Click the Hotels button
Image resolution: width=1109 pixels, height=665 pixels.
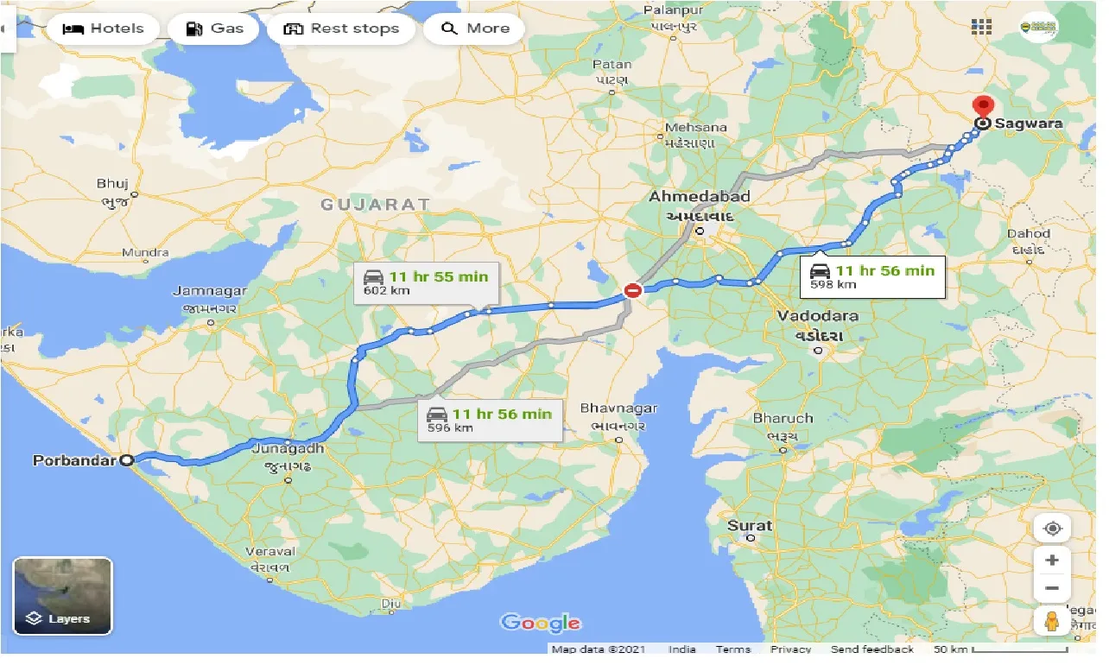(x=104, y=28)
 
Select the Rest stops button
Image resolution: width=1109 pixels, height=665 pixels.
(x=341, y=28)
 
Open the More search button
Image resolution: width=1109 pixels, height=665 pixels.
(x=476, y=28)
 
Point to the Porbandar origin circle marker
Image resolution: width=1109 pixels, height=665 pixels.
(x=127, y=460)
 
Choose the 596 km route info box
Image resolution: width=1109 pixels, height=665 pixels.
(x=489, y=419)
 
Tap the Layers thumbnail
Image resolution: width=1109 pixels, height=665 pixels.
(x=62, y=596)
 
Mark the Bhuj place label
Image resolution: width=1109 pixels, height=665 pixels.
(x=113, y=183)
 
